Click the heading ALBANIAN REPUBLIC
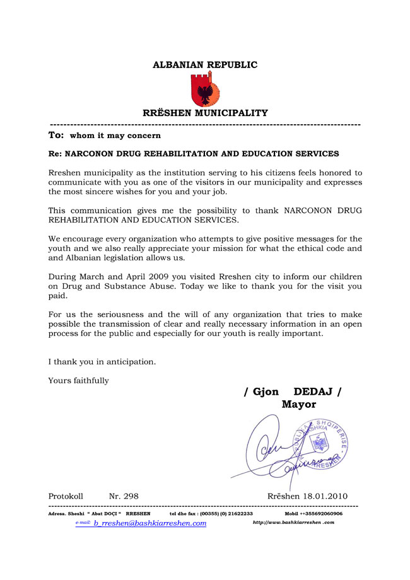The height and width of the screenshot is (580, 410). (x=205, y=65)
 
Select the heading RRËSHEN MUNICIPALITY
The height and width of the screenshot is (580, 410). (x=205, y=113)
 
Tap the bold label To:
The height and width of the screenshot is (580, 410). (x=56, y=135)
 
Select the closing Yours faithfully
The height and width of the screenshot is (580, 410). (x=78, y=380)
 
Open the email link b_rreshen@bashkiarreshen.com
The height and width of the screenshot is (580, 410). (x=149, y=523)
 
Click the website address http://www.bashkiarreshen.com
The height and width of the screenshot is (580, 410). (x=293, y=523)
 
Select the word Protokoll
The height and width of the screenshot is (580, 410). (x=66, y=496)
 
